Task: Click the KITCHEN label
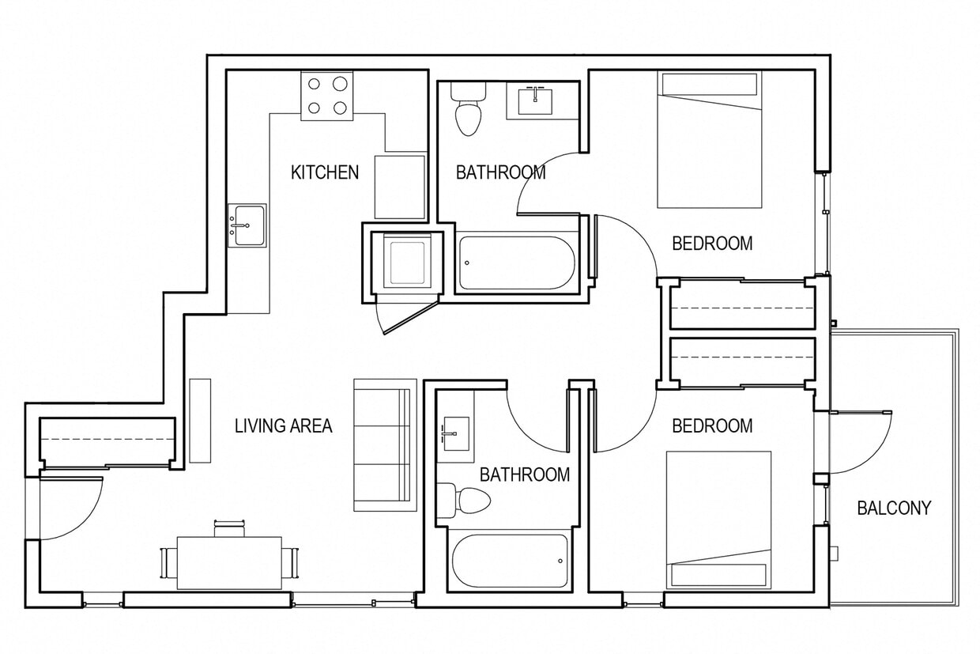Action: (x=325, y=172)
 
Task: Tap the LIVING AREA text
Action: (x=283, y=425)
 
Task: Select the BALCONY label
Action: (x=894, y=508)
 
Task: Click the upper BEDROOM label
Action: (x=712, y=244)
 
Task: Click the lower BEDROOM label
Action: (x=712, y=426)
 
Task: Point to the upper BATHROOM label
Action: (x=500, y=172)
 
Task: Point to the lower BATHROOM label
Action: (x=524, y=474)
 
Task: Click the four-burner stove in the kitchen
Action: (x=327, y=96)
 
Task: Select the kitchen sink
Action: (x=247, y=225)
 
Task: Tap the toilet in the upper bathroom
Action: (x=467, y=111)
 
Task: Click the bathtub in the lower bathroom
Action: (x=511, y=561)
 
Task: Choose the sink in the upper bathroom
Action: (x=536, y=100)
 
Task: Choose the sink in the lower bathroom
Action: (x=456, y=433)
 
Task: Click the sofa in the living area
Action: (x=384, y=444)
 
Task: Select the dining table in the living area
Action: (x=229, y=562)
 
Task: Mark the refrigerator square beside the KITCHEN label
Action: (x=399, y=187)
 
